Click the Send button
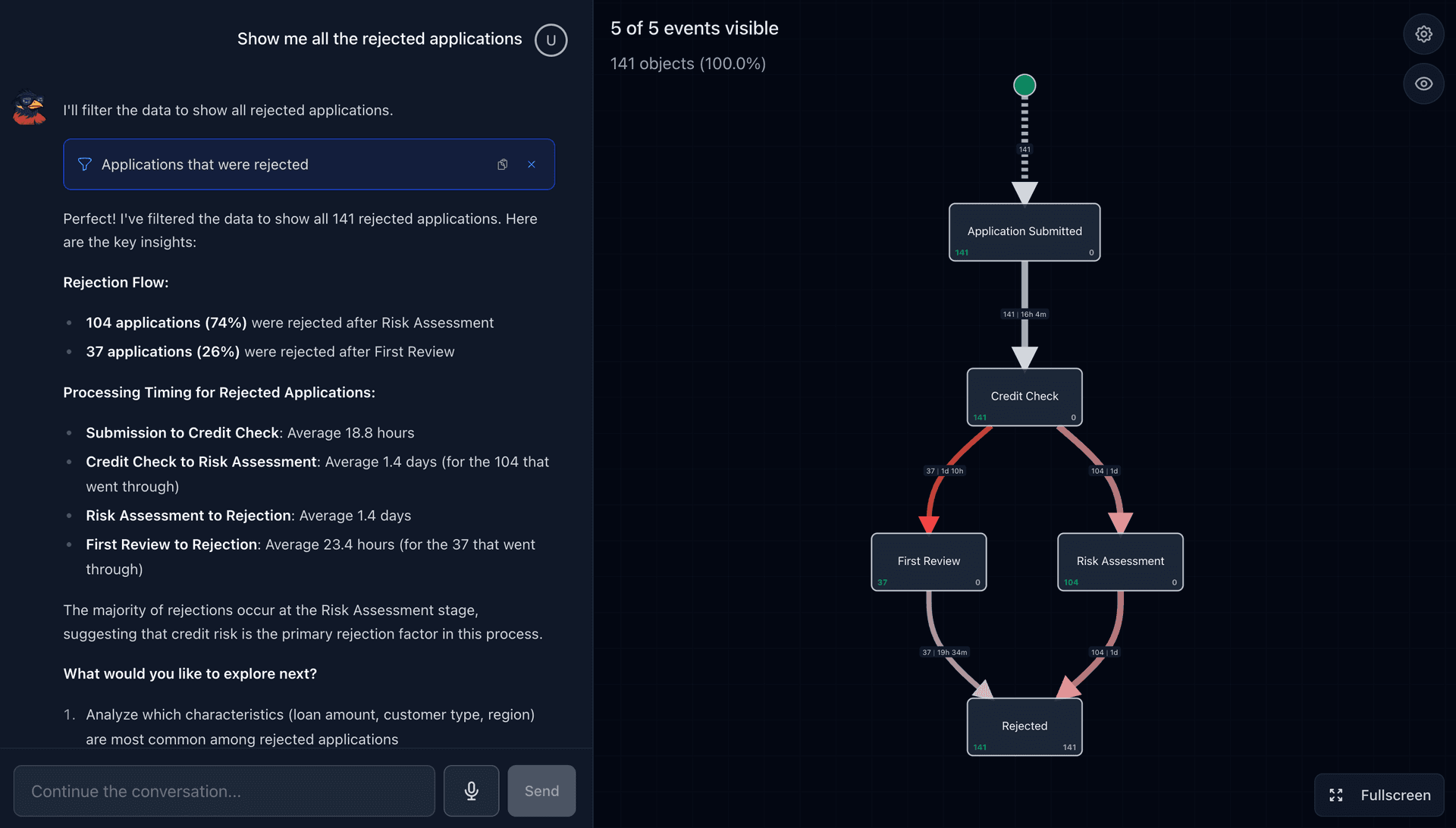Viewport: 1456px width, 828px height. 541,791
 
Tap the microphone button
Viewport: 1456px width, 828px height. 471,791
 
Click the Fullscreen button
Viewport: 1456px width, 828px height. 1379,795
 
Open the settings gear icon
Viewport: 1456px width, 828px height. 1423,34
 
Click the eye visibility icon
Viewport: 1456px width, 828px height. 1423,84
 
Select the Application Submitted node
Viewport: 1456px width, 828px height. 1024,232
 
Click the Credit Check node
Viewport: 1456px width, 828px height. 1024,397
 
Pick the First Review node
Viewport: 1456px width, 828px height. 928,562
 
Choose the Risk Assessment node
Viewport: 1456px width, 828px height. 1120,562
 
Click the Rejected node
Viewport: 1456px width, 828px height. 1024,726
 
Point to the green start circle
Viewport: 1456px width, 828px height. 1025,85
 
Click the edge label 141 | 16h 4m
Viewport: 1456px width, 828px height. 1024,314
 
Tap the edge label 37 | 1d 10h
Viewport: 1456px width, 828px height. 944,471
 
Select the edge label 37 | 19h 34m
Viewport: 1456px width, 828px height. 944,652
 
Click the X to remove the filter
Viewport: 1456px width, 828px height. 532,165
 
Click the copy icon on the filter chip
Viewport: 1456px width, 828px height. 502,165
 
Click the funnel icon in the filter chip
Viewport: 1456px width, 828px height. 85,165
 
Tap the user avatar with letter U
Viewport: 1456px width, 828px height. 551,40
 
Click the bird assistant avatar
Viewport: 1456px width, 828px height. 30,108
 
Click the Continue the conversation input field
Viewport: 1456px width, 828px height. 224,791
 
